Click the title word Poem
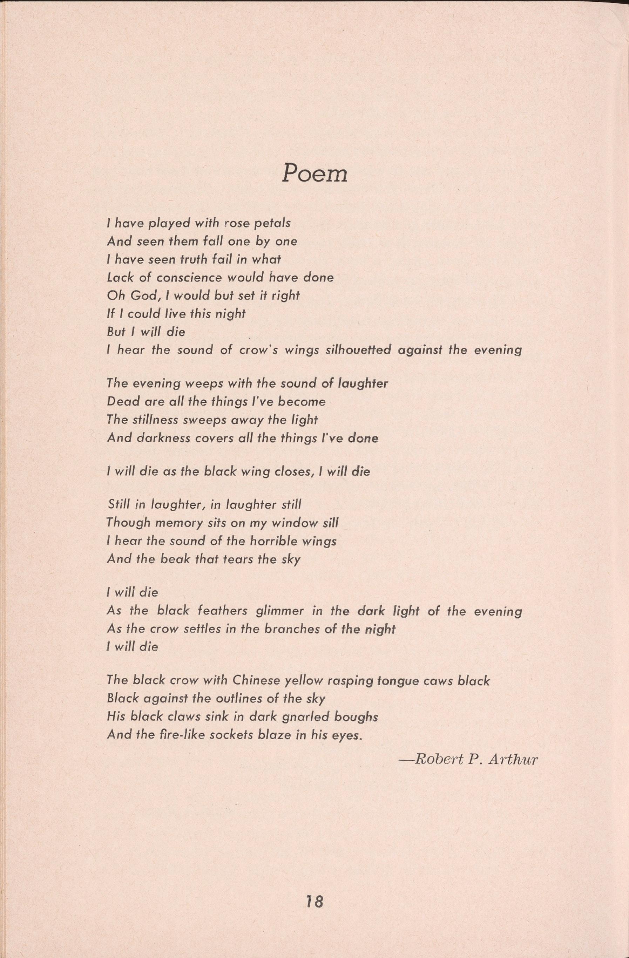coord(314,174)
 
